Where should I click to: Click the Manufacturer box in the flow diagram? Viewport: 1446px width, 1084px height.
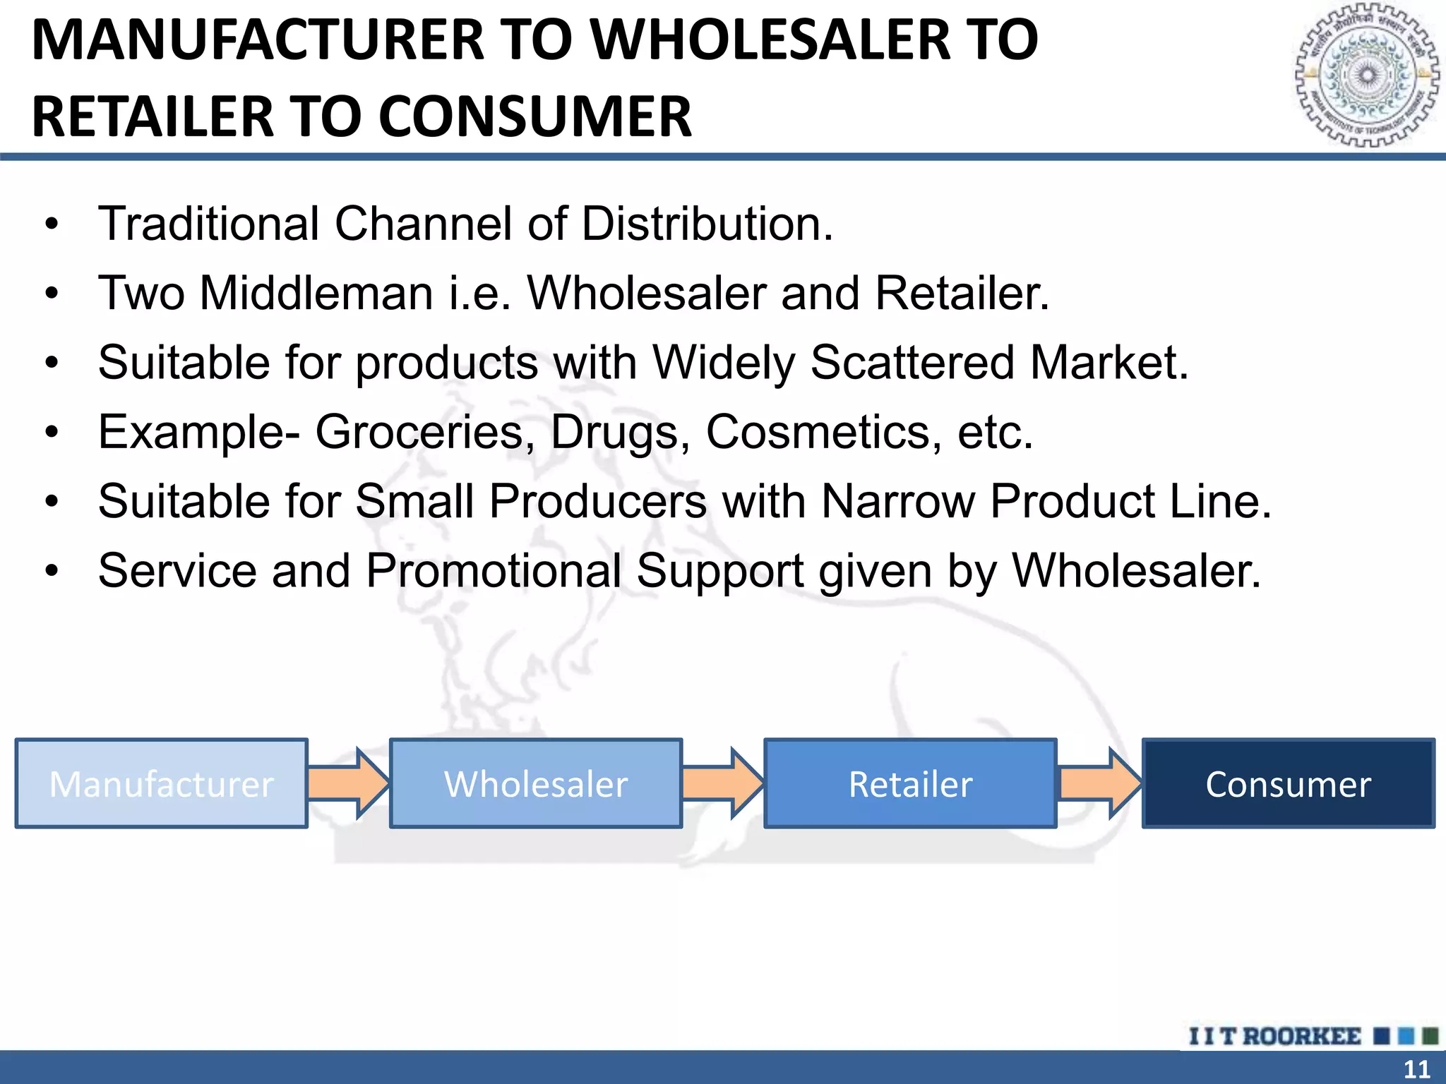(161, 783)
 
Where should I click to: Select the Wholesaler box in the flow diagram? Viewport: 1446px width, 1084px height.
(536, 783)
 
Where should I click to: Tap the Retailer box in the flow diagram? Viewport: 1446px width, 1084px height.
(910, 783)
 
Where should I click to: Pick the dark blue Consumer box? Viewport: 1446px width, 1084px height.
(1288, 783)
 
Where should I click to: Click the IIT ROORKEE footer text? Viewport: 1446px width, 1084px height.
(1275, 1036)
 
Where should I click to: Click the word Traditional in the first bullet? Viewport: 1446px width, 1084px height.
(209, 224)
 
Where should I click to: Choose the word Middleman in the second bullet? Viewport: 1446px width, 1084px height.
(316, 293)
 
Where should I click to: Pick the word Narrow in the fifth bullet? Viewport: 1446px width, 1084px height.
(897, 501)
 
